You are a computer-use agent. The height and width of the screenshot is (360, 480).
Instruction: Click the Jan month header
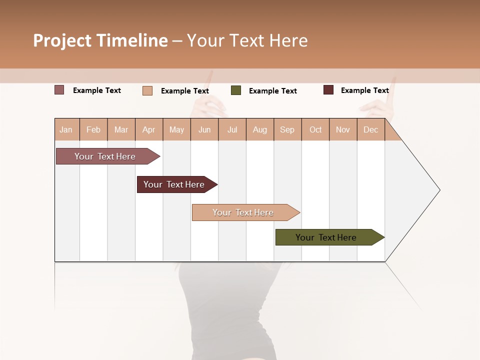coord(66,129)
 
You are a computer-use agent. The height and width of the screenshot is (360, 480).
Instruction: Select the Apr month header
coord(149,129)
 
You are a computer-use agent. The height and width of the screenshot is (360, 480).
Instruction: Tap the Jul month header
coord(232,129)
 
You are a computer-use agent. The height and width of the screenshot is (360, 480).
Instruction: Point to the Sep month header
coord(287,129)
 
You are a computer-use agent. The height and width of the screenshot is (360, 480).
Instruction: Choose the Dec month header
coord(370,129)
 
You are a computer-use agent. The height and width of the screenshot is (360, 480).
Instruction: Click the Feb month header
coord(93,129)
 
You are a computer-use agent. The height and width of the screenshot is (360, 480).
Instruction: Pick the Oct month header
coord(315,129)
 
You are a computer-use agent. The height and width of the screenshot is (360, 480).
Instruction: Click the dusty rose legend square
coord(59,90)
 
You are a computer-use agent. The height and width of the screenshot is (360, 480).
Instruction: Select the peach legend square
coord(147,90)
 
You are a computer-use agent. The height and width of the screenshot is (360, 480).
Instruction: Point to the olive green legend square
coord(236,90)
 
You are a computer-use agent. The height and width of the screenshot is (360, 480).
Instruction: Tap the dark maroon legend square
coord(328,90)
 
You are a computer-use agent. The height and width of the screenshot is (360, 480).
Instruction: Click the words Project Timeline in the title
coord(100,40)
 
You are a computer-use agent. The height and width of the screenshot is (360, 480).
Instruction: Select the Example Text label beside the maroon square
coord(364,90)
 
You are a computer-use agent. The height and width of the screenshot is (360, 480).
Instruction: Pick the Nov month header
coord(343,129)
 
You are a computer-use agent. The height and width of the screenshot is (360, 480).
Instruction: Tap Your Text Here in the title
coord(247,40)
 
